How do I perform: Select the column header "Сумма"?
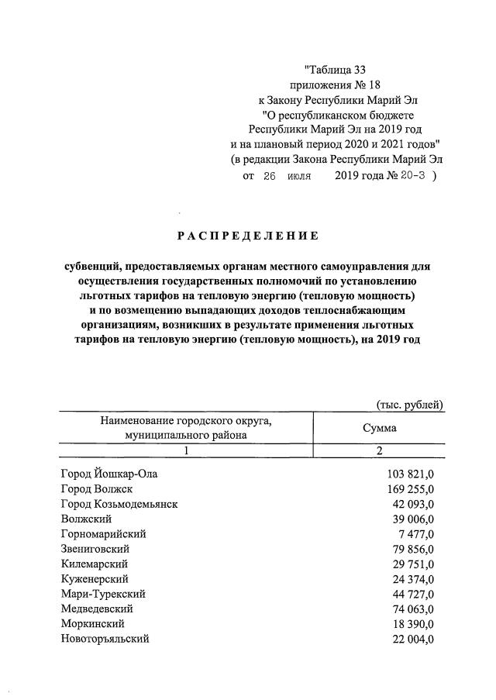coord(380,428)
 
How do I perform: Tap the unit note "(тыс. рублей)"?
coord(410,404)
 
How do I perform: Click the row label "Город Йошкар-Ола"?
coord(113,473)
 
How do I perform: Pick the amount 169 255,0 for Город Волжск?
coord(410,488)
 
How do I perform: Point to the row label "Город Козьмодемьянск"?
coord(119,503)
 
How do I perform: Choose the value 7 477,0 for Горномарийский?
coord(415,534)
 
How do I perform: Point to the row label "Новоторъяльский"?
coord(105,639)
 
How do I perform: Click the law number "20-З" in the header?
coord(412,175)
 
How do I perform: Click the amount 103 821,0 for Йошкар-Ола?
coord(410,473)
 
